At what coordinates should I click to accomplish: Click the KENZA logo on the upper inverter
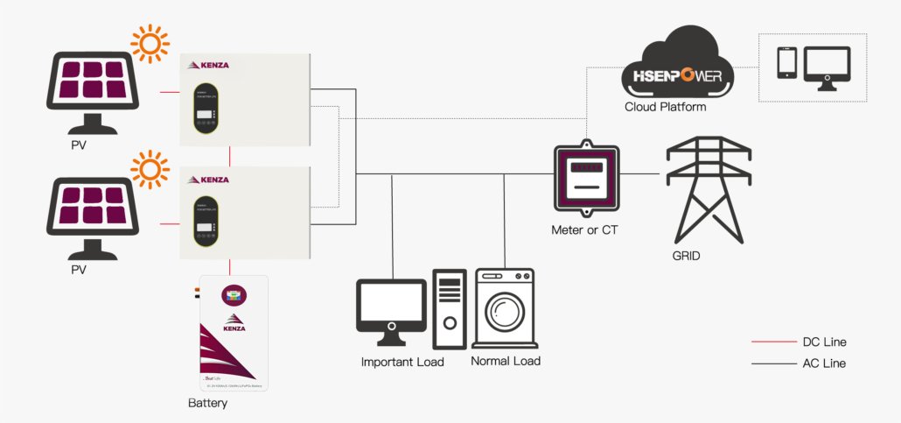[209, 65]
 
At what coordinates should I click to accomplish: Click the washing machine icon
[504, 308]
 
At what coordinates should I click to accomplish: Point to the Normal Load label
[506, 361]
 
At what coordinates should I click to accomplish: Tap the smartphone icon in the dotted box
[786, 63]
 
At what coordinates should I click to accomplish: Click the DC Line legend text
[824, 342]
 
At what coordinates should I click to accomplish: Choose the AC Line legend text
[824, 363]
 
